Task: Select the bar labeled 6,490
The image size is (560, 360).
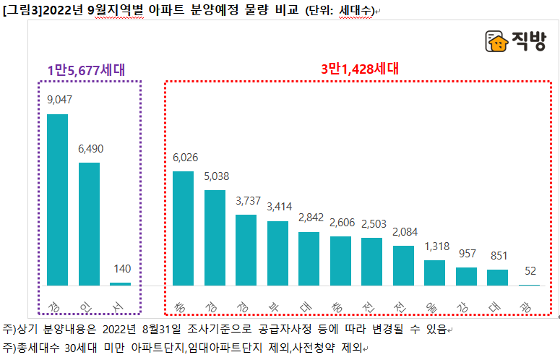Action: tap(89, 223)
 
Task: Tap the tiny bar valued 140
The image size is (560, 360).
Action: tap(120, 283)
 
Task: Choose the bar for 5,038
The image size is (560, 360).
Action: tap(215, 238)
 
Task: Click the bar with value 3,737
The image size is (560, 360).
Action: tap(246, 249)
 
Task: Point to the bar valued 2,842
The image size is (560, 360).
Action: tap(309, 258)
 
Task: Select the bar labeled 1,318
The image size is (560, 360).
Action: tap(434, 273)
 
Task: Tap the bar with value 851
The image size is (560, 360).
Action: tap(497, 278)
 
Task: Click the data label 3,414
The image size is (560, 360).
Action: tap(278, 207)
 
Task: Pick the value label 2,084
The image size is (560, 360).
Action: tap(404, 233)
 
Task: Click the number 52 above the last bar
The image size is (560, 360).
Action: tap(529, 270)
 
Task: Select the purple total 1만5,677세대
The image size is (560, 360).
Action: tap(86, 70)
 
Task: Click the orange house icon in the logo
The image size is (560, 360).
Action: tap(496, 43)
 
